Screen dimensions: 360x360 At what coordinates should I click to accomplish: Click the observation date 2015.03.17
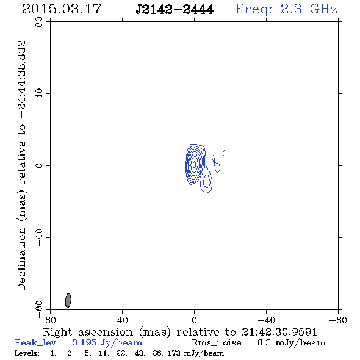point(62,9)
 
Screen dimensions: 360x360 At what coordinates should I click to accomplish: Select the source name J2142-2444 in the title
point(175,10)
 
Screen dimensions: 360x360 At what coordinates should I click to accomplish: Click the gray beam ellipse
point(68,301)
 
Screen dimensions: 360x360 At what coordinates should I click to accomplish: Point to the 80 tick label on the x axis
point(50,320)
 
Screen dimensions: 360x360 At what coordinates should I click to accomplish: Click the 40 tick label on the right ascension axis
point(122,320)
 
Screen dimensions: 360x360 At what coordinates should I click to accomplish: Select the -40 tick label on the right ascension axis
point(266,320)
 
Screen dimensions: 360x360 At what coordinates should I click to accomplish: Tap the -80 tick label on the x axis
point(338,320)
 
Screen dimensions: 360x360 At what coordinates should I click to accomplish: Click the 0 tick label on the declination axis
point(39,165)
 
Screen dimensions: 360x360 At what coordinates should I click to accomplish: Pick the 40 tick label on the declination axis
point(39,94)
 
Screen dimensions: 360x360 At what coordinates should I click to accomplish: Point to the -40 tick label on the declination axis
point(39,237)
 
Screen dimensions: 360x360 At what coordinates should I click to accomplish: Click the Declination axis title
point(21,165)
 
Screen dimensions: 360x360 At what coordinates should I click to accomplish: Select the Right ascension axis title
point(180,332)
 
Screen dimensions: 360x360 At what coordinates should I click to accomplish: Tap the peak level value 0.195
point(84,342)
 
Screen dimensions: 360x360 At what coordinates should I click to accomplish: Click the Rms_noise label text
point(220,343)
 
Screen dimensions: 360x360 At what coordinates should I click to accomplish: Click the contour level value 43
point(139,353)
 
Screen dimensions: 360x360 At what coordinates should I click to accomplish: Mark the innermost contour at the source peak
point(195,164)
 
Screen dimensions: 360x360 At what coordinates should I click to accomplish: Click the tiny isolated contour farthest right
point(224,153)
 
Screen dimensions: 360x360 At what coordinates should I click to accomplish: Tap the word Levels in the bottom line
point(27,353)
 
